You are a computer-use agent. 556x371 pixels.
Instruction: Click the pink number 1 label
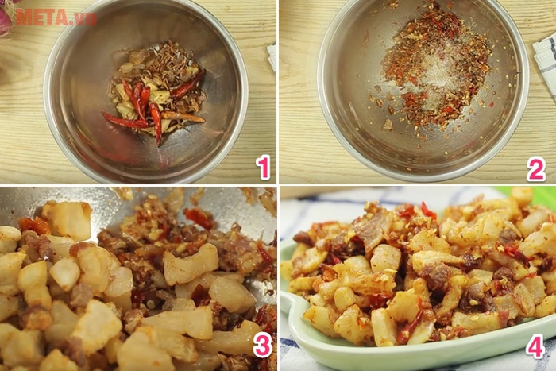264,167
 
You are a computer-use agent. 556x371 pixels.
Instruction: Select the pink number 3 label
262,345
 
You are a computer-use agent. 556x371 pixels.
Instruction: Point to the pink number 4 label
535,346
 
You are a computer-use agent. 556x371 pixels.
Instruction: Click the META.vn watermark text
56,17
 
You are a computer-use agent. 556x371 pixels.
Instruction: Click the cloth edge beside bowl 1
272,56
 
